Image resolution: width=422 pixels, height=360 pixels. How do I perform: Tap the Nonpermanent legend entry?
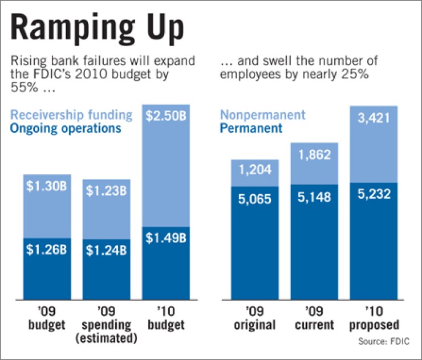point(263,114)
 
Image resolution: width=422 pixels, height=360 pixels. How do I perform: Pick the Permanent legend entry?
point(251,128)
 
